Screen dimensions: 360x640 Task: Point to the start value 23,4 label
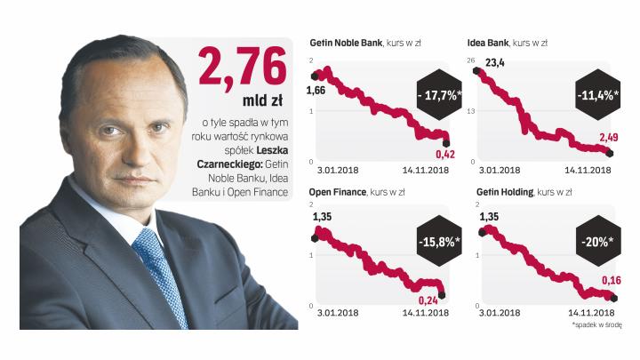point(495,63)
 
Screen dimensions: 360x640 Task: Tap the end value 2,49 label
point(609,136)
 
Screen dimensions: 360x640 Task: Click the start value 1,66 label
point(316,90)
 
